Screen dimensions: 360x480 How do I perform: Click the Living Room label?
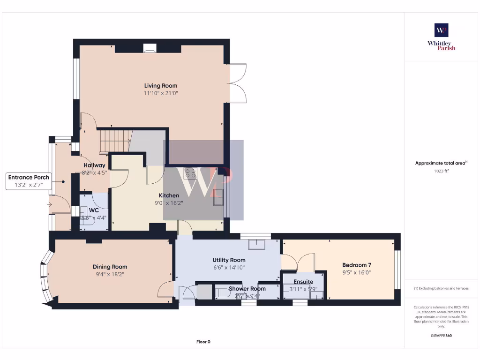click(160, 86)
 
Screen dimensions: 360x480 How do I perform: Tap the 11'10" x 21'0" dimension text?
click(160, 93)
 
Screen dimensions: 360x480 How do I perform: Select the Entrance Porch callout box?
click(29, 181)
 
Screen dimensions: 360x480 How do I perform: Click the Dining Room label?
click(110, 267)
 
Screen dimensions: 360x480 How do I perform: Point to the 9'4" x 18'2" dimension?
click(110, 274)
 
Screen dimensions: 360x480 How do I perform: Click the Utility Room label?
click(229, 260)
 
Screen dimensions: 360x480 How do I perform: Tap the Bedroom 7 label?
click(357, 265)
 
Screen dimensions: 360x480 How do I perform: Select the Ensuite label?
click(303, 282)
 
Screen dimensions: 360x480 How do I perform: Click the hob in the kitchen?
click(191, 173)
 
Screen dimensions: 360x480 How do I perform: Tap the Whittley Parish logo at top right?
click(441, 37)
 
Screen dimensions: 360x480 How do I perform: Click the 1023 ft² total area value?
click(441, 171)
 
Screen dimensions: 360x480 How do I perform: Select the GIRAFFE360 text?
click(441, 336)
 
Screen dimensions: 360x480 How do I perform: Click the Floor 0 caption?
click(203, 342)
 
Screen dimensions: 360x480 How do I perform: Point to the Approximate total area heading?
click(441, 163)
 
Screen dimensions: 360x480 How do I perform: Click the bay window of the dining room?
click(45, 277)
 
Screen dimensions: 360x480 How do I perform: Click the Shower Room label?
click(247, 289)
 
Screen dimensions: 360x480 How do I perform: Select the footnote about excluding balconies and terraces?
click(441, 288)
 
